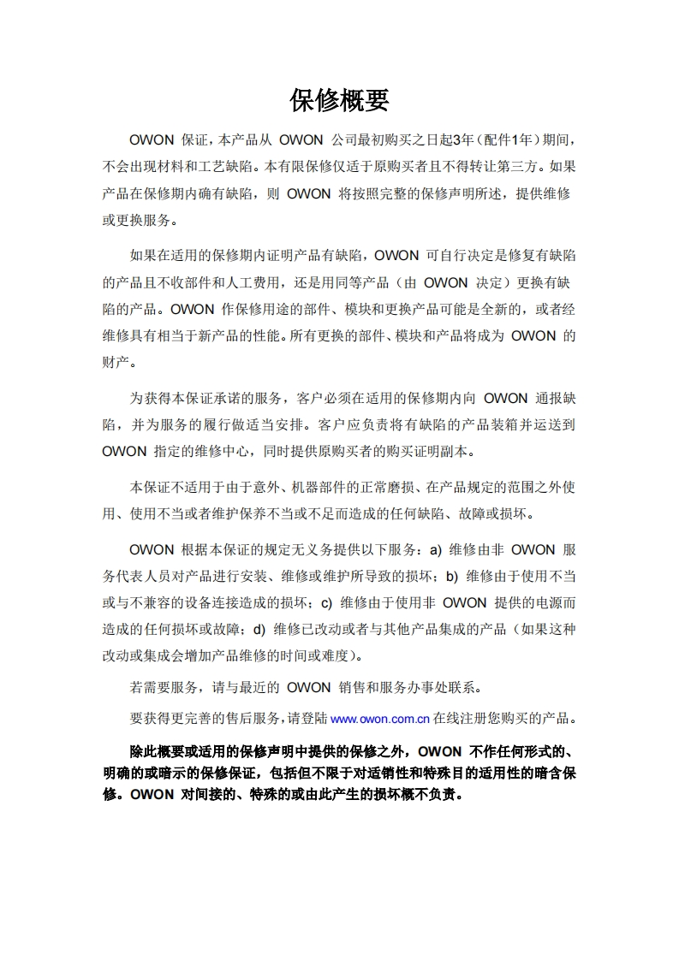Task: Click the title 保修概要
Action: click(339, 100)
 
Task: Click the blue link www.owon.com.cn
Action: click(379, 718)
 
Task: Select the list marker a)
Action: click(435, 549)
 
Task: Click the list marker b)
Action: click(450, 576)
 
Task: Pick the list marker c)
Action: click(326, 602)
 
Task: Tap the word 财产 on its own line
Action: click(116, 362)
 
